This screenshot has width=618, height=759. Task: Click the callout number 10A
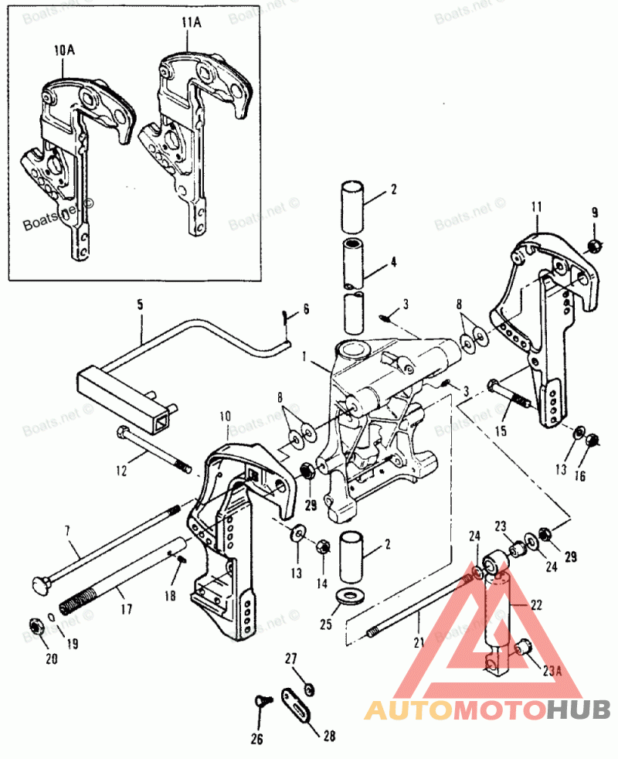pyautogui.click(x=65, y=50)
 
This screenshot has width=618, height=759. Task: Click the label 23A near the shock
pyautogui.click(x=550, y=671)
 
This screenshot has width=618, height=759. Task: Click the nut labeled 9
pyautogui.click(x=595, y=247)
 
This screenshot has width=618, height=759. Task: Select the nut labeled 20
pyautogui.click(x=35, y=625)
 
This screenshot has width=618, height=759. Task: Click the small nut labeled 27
pyautogui.click(x=309, y=689)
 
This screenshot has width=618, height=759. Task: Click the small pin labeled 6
pyautogui.click(x=286, y=317)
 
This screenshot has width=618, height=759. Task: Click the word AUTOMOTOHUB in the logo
pyautogui.click(x=487, y=709)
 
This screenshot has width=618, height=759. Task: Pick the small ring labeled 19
pyautogui.click(x=49, y=616)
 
